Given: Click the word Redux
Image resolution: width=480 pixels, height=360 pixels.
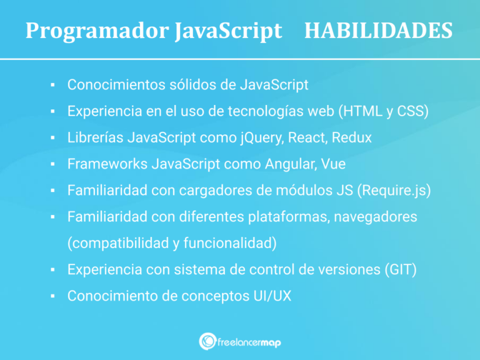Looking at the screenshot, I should click(352, 137).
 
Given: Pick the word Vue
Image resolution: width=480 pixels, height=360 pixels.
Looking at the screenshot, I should click(334, 164).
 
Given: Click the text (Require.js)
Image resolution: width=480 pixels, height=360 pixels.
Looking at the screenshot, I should click(394, 191).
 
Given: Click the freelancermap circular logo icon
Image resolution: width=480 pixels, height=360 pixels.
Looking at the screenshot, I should click(207, 341).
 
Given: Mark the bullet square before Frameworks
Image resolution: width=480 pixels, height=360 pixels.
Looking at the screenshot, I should click(54, 164).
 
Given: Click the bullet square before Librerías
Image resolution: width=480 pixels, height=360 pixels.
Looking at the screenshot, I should click(54, 137).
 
